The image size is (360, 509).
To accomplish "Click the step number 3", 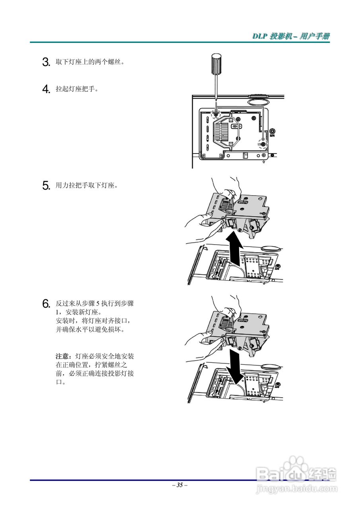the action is pyautogui.click(x=46, y=62).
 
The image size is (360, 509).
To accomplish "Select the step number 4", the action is pyautogui.click(x=46, y=89).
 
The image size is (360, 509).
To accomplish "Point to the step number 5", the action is pyautogui.click(x=46, y=185).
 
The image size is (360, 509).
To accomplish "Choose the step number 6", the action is pyautogui.click(x=46, y=304).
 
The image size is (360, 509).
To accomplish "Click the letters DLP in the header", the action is pyautogui.click(x=260, y=36).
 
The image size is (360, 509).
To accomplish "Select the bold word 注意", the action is pyautogui.click(x=62, y=356).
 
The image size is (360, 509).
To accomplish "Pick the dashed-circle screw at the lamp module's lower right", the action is pyautogui.click(x=263, y=143).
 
